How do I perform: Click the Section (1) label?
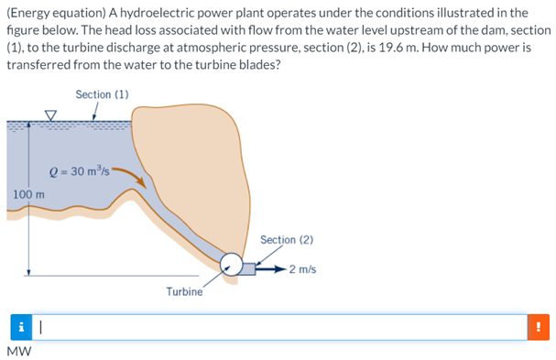tap(102, 94)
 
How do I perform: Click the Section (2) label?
tap(287, 240)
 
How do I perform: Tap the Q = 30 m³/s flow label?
tap(81, 171)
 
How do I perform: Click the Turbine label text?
tap(184, 291)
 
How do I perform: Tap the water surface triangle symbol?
tap(51, 116)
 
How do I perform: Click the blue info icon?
tap(20, 326)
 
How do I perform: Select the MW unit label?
tap(17, 351)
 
